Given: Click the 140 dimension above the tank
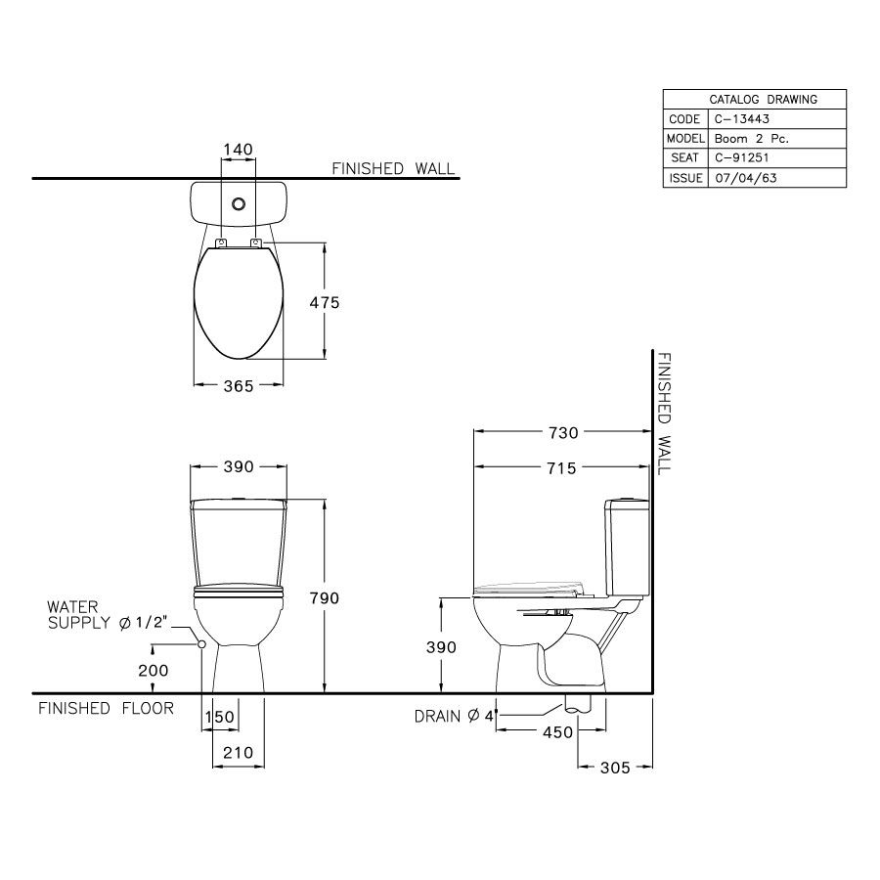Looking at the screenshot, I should [x=238, y=150].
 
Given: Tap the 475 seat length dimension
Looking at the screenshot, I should [x=324, y=303].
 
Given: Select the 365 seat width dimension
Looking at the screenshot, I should [x=238, y=386].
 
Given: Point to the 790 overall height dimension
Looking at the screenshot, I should [x=324, y=598].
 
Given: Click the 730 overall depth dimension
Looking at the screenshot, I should [x=562, y=431].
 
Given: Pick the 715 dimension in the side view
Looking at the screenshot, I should [x=562, y=469].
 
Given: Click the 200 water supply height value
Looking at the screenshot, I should [x=154, y=671].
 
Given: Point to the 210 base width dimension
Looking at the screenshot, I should [x=238, y=753].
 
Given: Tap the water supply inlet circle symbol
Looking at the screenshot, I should [x=200, y=644].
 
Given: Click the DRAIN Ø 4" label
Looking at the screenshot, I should [x=456, y=717].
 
